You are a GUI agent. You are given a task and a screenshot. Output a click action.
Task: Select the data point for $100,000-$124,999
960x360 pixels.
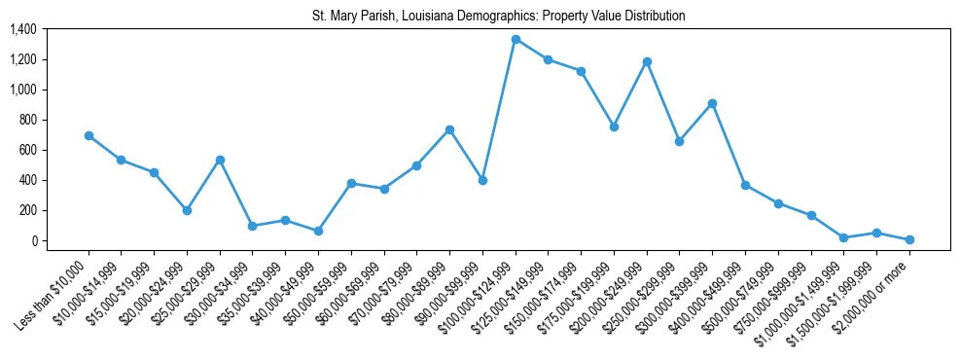[x=516, y=39]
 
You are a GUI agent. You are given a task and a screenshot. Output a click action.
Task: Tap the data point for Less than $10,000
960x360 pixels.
[x=89, y=135]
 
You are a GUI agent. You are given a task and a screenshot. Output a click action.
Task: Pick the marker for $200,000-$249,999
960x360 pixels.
[x=647, y=61]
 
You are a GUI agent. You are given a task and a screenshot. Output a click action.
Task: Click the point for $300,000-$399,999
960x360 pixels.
[x=713, y=103]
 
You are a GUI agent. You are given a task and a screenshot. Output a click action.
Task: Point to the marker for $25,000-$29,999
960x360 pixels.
[x=220, y=160]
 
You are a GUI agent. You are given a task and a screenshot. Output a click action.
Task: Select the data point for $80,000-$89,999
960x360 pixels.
[x=449, y=129]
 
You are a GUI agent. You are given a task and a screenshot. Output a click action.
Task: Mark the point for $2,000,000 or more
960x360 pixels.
[x=909, y=239]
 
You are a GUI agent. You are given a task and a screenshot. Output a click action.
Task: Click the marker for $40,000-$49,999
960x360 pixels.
[x=318, y=231]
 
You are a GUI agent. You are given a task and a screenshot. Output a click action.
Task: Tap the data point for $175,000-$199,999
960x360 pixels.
[x=614, y=126]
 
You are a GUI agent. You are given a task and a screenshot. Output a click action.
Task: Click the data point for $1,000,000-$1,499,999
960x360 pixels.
[x=844, y=237]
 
